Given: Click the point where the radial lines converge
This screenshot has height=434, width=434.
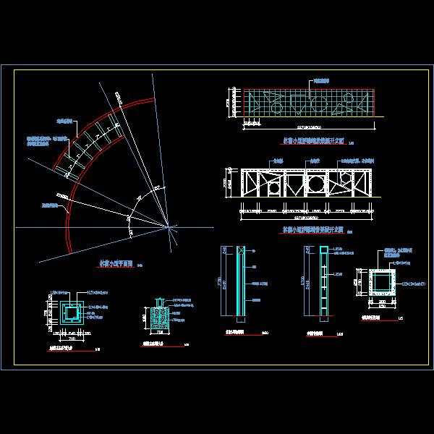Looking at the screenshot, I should click(x=171, y=227).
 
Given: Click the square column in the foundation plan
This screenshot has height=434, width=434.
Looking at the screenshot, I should click(x=72, y=313).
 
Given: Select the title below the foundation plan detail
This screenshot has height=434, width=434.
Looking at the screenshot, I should click(x=66, y=349).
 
